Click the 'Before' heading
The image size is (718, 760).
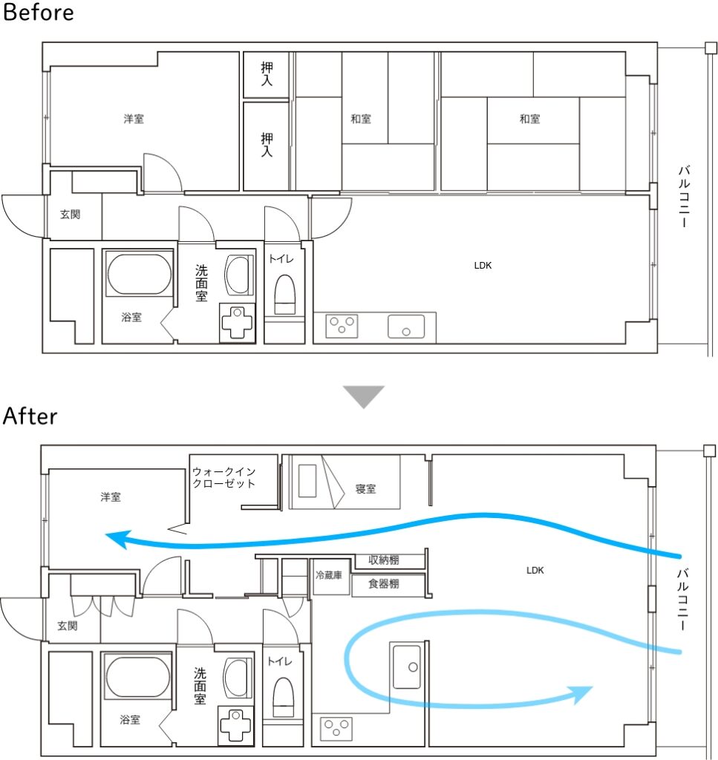[39, 12]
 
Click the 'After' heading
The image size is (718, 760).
[30, 416]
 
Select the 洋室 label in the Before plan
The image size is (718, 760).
[134, 119]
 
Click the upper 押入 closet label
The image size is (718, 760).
[267, 73]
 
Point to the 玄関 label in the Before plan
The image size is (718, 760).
[71, 214]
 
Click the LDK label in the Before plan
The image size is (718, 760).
[483, 265]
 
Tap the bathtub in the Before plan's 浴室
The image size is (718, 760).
[139, 274]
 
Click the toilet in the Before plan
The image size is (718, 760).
[284, 295]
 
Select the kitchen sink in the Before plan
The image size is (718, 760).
[406, 327]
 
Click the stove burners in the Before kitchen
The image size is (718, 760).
[342, 326]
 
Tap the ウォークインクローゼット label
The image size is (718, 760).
[223, 477]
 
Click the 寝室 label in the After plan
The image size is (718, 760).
[365, 488]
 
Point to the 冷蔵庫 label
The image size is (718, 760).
[329, 575]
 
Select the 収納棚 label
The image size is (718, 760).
[383, 560]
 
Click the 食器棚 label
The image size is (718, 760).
[383, 583]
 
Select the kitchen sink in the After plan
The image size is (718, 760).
[407, 666]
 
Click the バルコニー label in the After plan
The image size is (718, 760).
[682, 599]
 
